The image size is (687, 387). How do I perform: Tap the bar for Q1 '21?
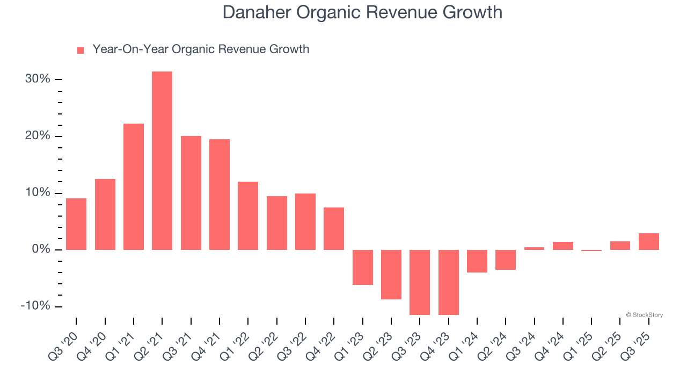coord(134,187)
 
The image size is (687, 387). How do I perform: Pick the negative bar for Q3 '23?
coord(420,282)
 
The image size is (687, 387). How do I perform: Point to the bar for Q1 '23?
coord(362,267)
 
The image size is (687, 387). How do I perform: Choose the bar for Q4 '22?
coord(334,228)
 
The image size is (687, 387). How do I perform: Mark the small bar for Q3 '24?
coord(534,248)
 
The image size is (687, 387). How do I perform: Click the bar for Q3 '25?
coord(648,241)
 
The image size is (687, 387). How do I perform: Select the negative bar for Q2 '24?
coord(506,260)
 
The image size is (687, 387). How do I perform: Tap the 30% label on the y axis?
coord(38,79)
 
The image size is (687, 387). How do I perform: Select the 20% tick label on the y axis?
coord(38,136)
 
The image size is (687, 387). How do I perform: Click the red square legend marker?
coord(81,50)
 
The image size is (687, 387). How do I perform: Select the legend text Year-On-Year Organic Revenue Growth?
coord(201,49)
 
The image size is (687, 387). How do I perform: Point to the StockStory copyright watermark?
coord(644,315)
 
